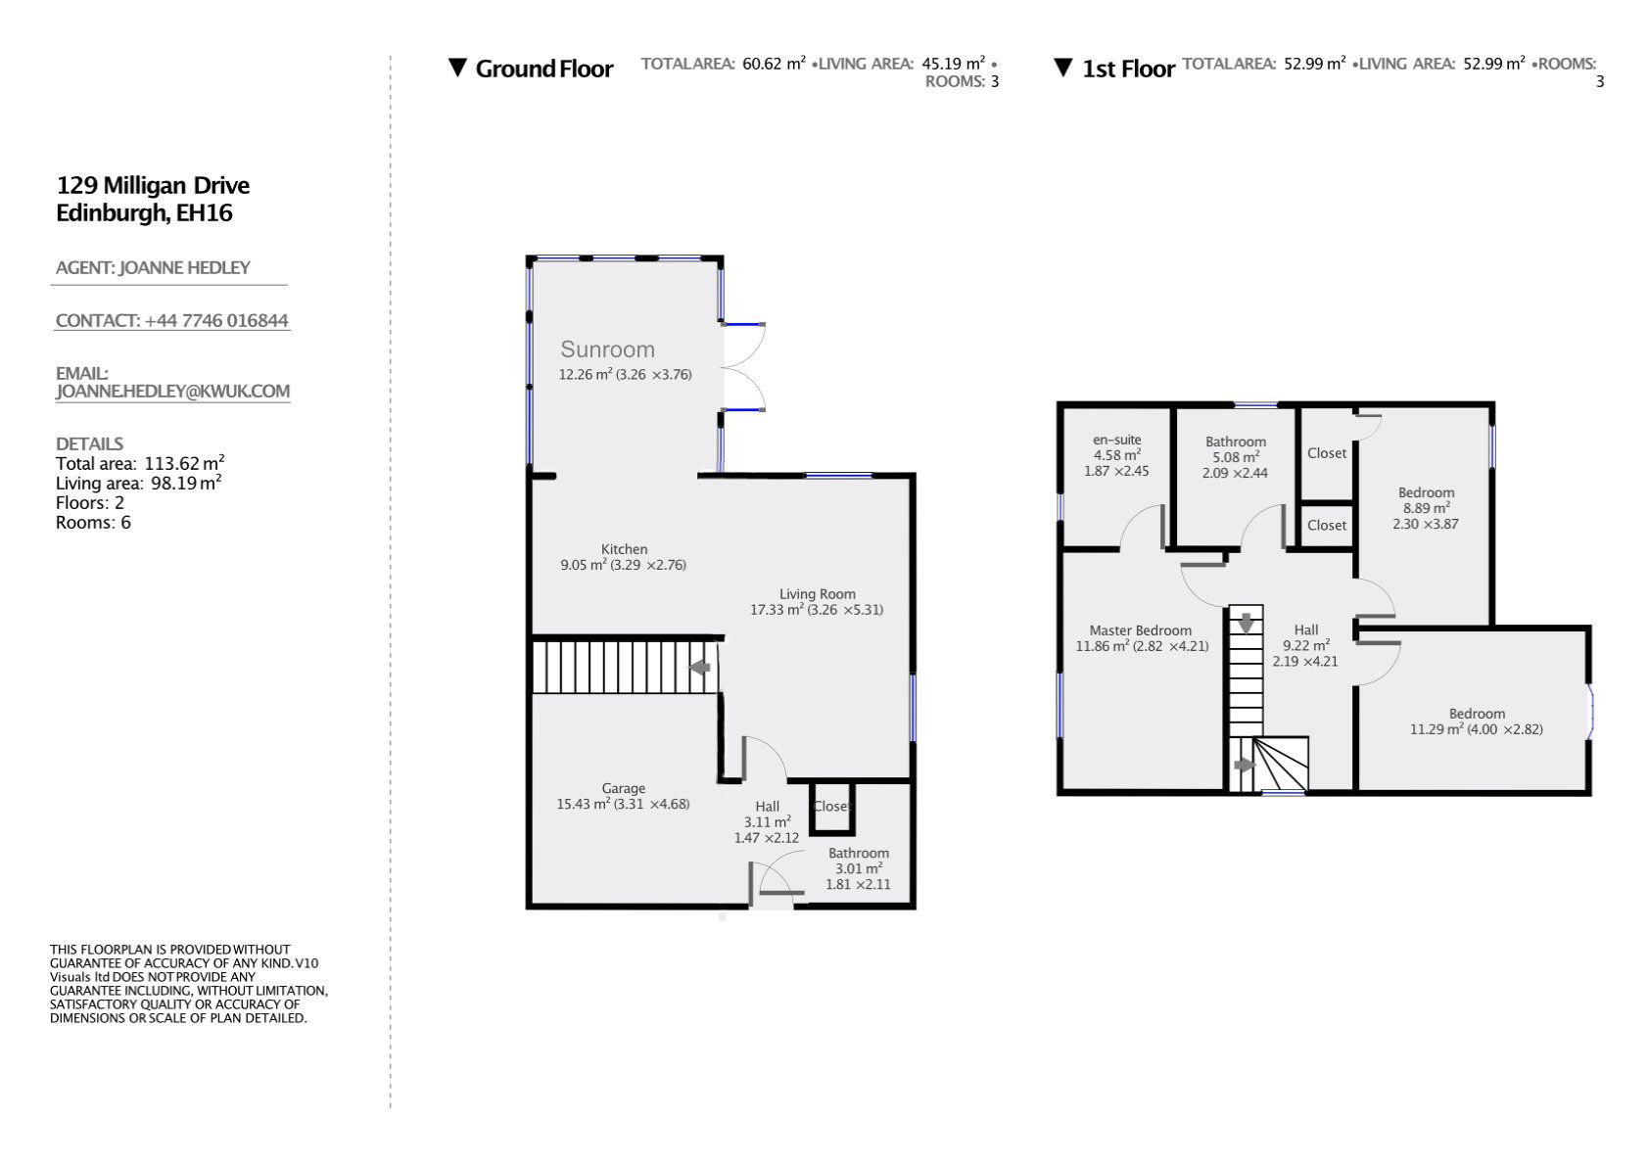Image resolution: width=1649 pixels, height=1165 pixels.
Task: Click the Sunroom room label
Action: pyautogui.click(x=607, y=349)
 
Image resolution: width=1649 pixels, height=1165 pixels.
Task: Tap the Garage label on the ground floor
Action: pyautogui.click(x=623, y=788)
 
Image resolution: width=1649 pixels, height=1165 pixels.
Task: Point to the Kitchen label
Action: pyautogui.click(x=624, y=549)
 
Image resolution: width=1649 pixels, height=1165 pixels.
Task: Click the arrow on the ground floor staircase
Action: pyautogui.click(x=699, y=668)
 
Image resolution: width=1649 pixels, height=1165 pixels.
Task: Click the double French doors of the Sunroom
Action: pyautogui.click(x=744, y=367)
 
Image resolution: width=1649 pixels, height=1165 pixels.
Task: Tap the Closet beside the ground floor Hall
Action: pyautogui.click(x=832, y=806)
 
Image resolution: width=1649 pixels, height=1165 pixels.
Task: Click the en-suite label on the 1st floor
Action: pyautogui.click(x=1116, y=440)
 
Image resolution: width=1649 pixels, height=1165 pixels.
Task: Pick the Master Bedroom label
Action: pyautogui.click(x=1140, y=630)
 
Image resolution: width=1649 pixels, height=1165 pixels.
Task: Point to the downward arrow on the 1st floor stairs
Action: pyautogui.click(x=1246, y=623)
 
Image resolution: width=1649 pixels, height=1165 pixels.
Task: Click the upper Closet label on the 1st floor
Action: pyautogui.click(x=1327, y=453)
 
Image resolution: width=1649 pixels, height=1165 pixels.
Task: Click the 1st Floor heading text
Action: pyautogui.click(x=1127, y=69)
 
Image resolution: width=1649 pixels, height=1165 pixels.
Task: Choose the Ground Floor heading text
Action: pyautogui.click(x=543, y=69)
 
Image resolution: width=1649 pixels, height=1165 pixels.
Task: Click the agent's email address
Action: pyautogui.click(x=172, y=391)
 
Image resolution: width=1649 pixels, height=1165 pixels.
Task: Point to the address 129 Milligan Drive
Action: pyautogui.click(x=153, y=185)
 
